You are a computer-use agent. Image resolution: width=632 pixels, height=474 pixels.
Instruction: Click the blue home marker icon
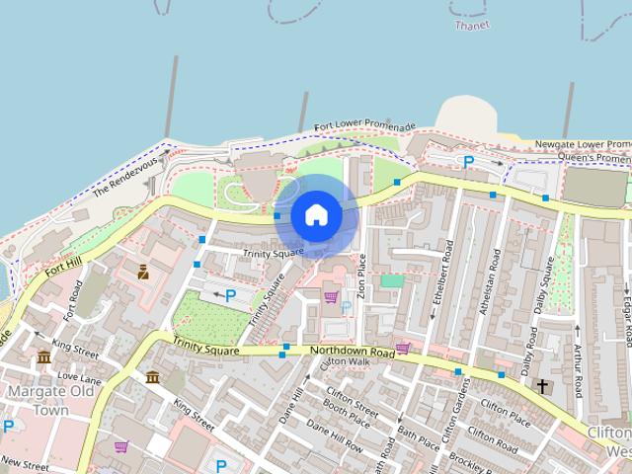[314, 214]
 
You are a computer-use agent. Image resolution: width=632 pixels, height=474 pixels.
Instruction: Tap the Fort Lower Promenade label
[362, 127]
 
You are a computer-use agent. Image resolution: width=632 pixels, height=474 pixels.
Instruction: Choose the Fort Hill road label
[68, 261]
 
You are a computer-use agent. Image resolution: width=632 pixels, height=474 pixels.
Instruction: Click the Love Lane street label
[80, 377]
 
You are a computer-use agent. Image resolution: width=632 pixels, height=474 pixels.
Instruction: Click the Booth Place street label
[346, 417]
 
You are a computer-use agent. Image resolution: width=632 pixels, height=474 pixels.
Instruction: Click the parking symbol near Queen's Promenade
[469, 162]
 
